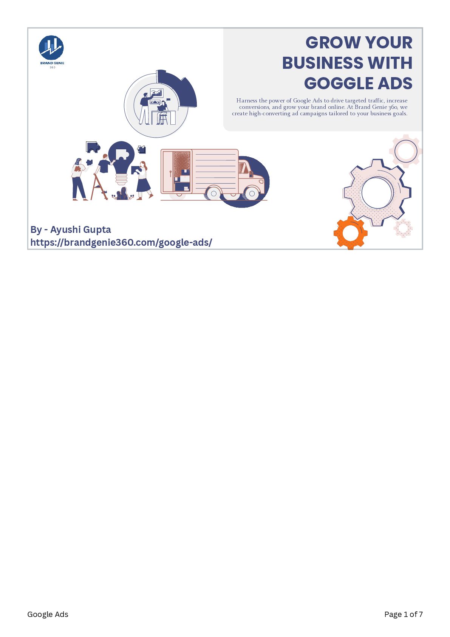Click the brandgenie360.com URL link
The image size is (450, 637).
pyautogui.click(x=121, y=242)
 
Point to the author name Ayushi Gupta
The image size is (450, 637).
pyautogui.click(x=80, y=229)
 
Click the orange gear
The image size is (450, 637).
pyautogui.click(x=350, y=232)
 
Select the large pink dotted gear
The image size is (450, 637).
pyautogui.click(x=377, y=192)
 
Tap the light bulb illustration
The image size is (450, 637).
pyautogui.click(x=121, y=161)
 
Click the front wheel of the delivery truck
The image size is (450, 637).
pyautogui.click(x=252, y=194)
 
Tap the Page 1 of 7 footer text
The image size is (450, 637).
pyautogui.click(x=403, y=614)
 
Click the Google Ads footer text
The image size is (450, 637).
pyautogui.click(x=48, y=614)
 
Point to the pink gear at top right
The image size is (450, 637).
pyautogui.click(x=406, y=151)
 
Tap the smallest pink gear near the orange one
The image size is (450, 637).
pyautogui.click(x=403, y=228)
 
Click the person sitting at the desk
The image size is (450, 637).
pyautogui.click(x=163, y=111)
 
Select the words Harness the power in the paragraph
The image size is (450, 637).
pyautogui.click(x=260, y=101)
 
